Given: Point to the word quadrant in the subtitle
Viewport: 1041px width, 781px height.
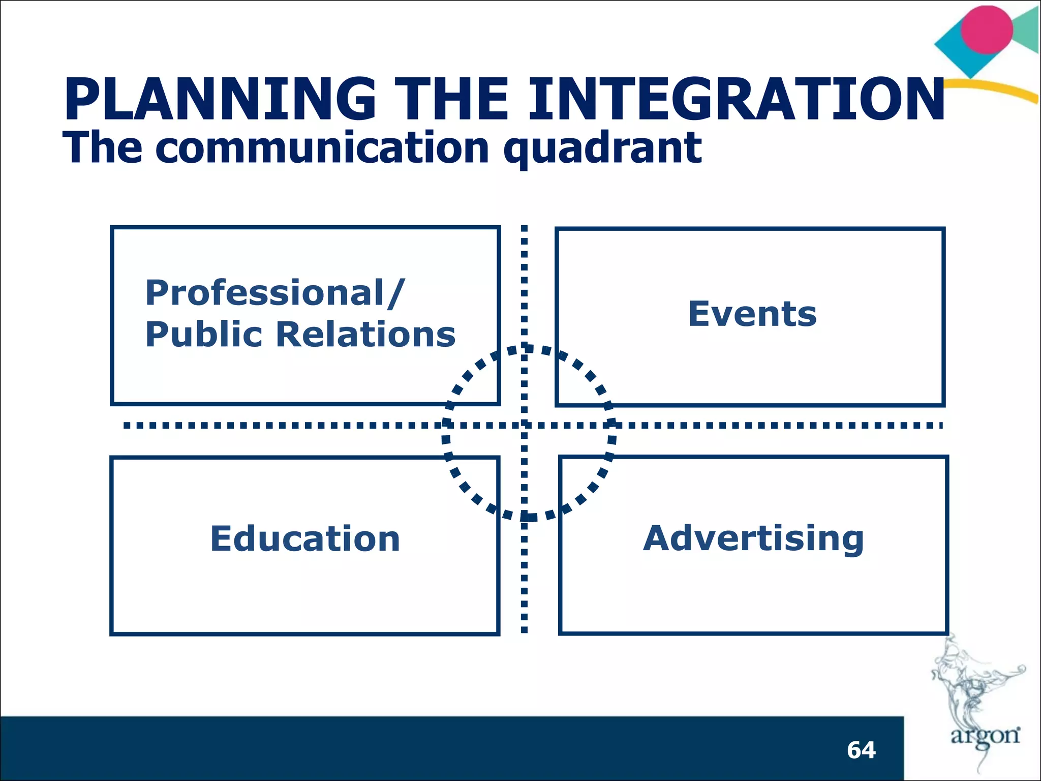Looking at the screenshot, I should [602, 148].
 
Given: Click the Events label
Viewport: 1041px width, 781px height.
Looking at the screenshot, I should [752, 314].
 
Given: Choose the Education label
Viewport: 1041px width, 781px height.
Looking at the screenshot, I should [305, 538].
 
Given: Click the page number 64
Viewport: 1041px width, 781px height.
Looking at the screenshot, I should [861, 750].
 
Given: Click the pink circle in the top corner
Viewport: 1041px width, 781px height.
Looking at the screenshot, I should [987, 29].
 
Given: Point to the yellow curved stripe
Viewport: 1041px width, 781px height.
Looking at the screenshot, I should [996, 88].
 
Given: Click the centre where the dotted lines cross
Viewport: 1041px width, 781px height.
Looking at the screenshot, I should [525, 425].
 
